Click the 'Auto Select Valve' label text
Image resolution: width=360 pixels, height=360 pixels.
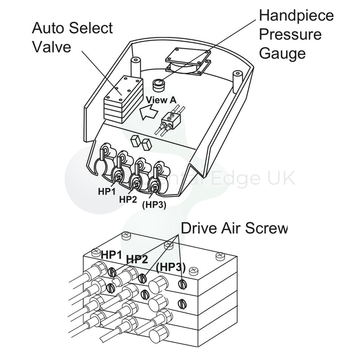point(72,37)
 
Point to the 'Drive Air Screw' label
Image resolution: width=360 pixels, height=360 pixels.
point(234,229)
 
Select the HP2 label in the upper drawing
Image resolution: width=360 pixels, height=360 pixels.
point(127,199)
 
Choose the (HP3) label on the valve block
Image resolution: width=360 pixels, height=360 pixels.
point(171,267)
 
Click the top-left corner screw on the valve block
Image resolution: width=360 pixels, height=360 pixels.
point(96,252)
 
